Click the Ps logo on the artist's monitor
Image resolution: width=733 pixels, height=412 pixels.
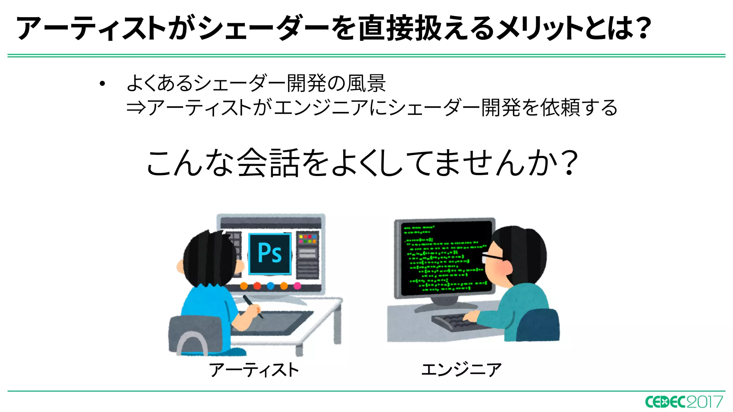[270, 253]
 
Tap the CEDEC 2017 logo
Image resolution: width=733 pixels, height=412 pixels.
[684, 402]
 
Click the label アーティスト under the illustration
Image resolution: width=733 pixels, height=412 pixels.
[254, 370]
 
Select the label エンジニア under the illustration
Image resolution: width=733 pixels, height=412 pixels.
[461, 370]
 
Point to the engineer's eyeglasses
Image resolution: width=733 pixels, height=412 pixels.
[492, 257]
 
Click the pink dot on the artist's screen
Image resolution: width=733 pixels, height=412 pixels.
[297, 286]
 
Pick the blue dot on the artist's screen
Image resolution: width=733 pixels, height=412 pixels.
[271, 286]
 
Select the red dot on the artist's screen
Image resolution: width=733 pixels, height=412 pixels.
[257, 286]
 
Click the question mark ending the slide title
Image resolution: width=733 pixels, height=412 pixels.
[641, 28]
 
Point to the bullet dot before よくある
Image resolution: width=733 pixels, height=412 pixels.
[103, 84]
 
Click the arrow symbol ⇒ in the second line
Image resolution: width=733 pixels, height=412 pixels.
[136, 108]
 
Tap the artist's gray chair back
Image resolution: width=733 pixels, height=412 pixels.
[195, 334]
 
